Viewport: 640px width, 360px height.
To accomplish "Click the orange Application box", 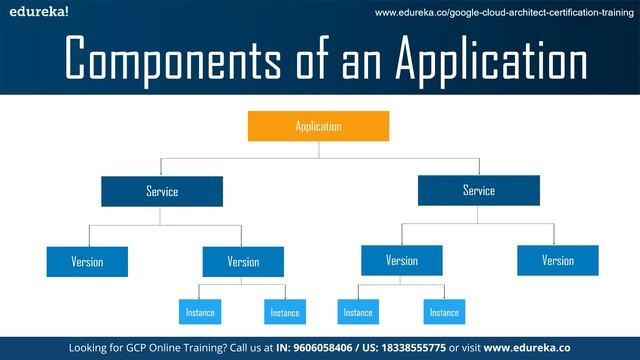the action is (x=318, y=126).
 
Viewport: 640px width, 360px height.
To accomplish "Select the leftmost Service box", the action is (x=161, y=191).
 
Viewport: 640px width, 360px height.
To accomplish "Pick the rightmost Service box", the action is (x=478, y=190).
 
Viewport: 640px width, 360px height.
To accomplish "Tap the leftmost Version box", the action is (x=87, y=262).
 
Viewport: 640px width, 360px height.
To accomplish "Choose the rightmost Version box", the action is (x=558, y=261).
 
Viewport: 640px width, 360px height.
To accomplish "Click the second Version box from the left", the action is (x=243, y=262).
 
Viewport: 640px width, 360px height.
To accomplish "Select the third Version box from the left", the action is (x=402, y=261).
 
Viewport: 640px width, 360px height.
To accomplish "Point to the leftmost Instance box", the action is (x=199, y=312).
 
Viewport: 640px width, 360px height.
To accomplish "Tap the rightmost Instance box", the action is (x=444, y=312).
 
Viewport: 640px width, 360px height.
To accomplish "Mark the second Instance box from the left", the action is (x=284, y=312).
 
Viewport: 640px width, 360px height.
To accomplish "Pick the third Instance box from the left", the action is (x=358, y=312).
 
